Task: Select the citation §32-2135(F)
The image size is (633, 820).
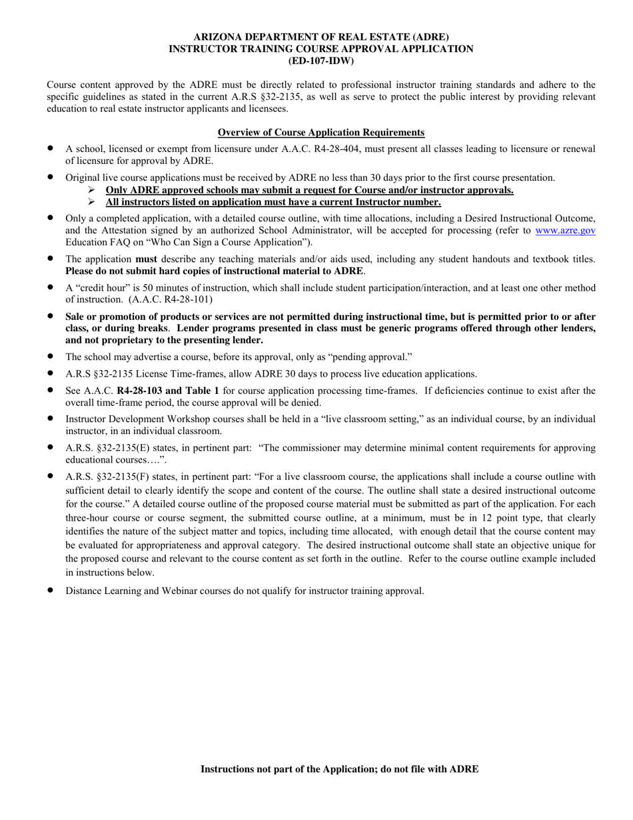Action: (x=118, y=477)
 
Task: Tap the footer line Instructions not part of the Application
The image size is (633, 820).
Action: (x=339, y=769)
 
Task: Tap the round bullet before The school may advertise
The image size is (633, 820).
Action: (x=51, y=357)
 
